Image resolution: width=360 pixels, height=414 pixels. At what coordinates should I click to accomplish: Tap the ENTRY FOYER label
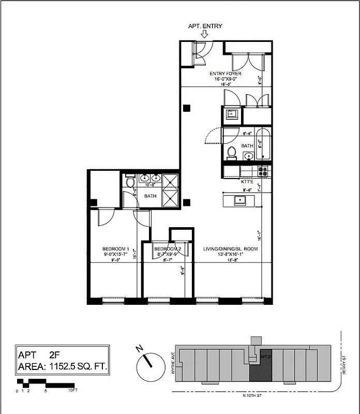pos(225,73)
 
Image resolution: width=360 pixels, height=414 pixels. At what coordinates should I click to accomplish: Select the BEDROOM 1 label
pos(115,249)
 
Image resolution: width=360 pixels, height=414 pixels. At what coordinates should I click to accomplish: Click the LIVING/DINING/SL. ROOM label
pos(231,249)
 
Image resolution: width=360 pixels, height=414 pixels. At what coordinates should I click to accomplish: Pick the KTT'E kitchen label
pos(247,182)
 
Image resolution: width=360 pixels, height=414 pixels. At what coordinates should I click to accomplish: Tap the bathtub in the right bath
pos(263,143)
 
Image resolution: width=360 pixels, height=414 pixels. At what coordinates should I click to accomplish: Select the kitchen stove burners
pos(262,171)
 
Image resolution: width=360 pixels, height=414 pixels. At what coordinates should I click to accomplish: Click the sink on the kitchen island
pos(239,199)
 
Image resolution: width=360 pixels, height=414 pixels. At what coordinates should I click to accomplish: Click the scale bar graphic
pos(46,383)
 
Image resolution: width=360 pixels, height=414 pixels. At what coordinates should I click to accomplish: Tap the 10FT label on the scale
pos(73,391)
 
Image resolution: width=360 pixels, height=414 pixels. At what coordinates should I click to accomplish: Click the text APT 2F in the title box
pos(39,355)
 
